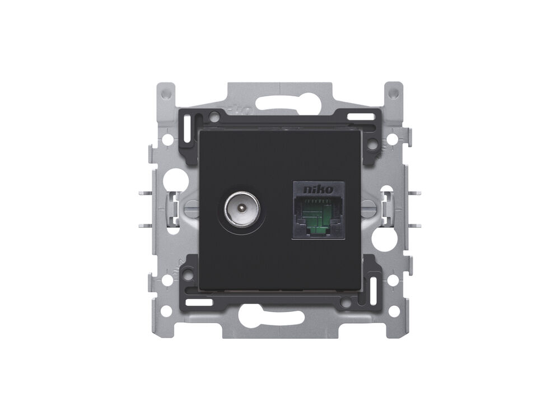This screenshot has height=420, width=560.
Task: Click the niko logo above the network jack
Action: [x=318, y=190]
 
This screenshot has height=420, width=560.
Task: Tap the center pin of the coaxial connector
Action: [x=242, y=208]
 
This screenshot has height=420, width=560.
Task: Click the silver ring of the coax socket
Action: [x=242, y=208]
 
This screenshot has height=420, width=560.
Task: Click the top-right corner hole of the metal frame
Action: [x=393, y=94]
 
